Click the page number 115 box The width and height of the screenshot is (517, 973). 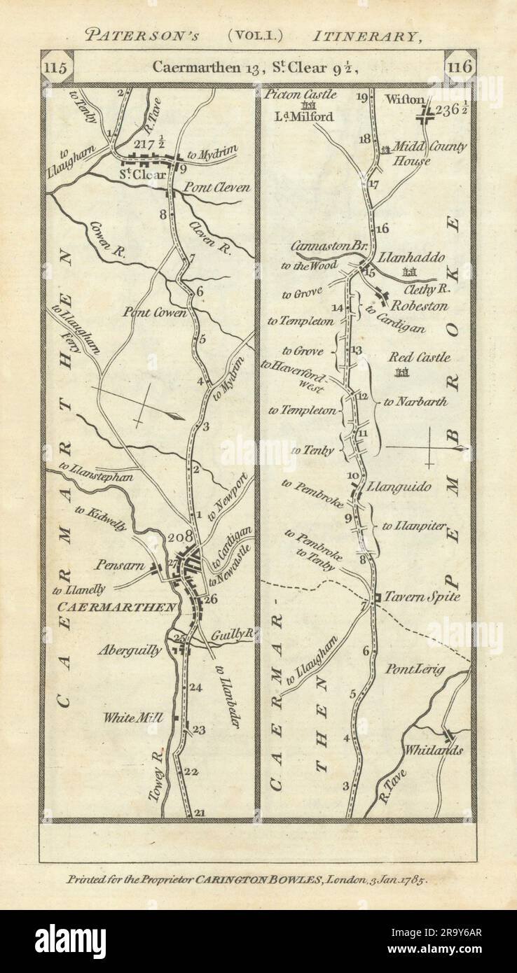(x=56, y=68)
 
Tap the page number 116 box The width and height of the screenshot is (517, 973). (x=460, y=68)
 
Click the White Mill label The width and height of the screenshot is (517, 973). (x=132, y=717)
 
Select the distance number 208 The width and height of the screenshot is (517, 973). (x=160, y=538)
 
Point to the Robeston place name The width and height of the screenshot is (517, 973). (x=419, y=306)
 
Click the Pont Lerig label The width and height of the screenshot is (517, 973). (x=414, y=670)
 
